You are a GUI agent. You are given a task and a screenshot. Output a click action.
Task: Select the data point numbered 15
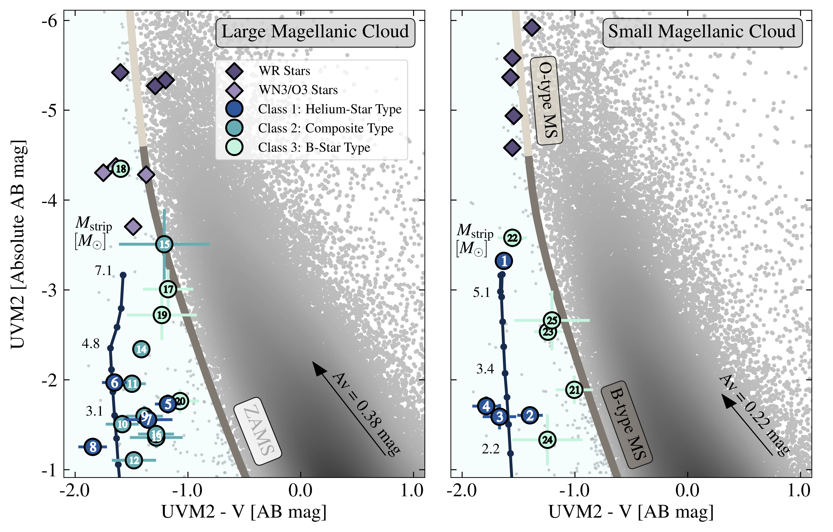[164, 244]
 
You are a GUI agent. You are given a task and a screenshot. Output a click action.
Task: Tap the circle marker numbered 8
[93, 447]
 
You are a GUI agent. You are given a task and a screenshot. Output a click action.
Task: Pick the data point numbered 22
[512, 238]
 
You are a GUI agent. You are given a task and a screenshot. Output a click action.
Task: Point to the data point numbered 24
[547, 440]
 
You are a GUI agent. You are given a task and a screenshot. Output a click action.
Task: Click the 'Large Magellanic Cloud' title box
[315, 32]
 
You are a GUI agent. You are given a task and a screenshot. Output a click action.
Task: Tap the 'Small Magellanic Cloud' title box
[702, 32]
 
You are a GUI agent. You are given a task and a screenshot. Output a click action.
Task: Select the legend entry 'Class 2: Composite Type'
[325, 128]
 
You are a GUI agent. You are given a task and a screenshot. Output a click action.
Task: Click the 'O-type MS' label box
[547, 100]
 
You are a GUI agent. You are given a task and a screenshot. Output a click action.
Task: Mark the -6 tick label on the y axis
[49, 22]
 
